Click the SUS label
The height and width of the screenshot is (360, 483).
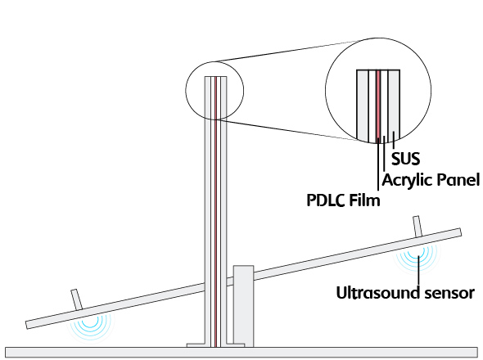(405, 159)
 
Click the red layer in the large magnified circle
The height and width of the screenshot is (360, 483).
(378, 106)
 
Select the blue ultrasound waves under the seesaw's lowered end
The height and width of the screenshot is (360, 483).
(90, 326)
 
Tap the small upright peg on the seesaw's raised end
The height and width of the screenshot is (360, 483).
(417, 227)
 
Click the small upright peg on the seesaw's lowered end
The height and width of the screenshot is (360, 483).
(77, 299)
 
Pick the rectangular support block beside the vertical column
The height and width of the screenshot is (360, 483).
(243, 306)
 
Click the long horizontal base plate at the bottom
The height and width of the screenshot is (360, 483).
(241, 353)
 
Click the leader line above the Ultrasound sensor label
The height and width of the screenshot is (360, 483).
(418, 270)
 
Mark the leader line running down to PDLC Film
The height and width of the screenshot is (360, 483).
(378, 164)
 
